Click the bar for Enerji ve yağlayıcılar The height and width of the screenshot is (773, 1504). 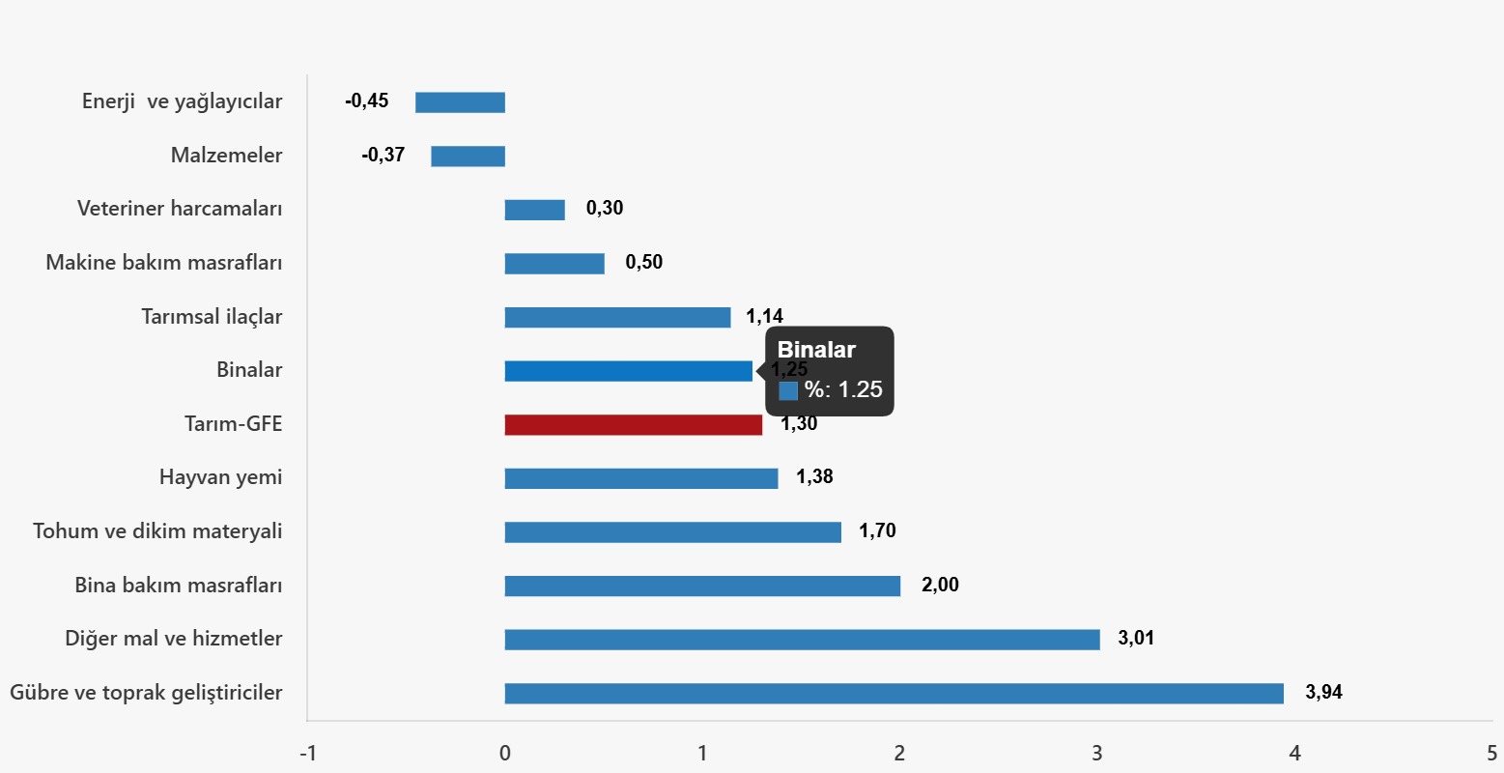click(x=460, y=102)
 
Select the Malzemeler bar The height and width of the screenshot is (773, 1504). click(x=468, y=157)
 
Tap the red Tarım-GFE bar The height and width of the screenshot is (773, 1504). click(x=633, y=425)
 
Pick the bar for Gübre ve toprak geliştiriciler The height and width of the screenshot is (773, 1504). click(x=894, y=694)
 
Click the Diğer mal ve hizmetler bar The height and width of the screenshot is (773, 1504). click(x=802, y=640)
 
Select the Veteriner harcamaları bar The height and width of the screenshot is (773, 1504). click(x=534, y=210)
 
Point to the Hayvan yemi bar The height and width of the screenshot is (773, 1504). click(x=640, y=478)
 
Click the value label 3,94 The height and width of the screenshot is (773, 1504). click(x=1323, y=692)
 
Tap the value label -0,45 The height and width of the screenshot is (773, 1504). click(x=367, y=100)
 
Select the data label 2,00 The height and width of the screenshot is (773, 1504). click(x=940, y=585)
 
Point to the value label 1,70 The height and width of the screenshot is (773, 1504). click(x=877, y=530)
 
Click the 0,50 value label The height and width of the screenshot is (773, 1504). click(x=644, y=262)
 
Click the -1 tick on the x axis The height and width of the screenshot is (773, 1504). click(x=308, y=754)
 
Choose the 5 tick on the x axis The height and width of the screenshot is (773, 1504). click(x=1491, y=754)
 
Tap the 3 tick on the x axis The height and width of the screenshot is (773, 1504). click(x=1097, y=754)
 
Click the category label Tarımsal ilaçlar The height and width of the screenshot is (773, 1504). click(x=212, y=317)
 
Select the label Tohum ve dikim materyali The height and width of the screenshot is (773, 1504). click(x=157, y=531)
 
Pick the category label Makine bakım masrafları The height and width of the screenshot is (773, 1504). click(x=164, y=263)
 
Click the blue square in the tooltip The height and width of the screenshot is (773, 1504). click(x=788, y=390)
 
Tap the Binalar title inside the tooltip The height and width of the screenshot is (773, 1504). click(x=816, y=351)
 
